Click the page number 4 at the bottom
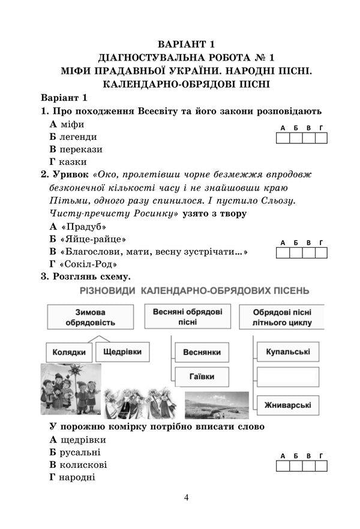coord(187,497)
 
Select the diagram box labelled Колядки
coord(68,353)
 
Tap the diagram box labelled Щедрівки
coord(121,351)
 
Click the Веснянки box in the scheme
coord(202,352)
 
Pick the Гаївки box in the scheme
coord(202,378)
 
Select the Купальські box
coord(287,351)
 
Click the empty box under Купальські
coord(287,378)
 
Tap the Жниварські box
coord(287,405)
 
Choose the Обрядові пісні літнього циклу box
coord(281,317)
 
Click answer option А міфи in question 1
coord(67,124)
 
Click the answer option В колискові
coord(78,465)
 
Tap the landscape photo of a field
coord(216,405)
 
